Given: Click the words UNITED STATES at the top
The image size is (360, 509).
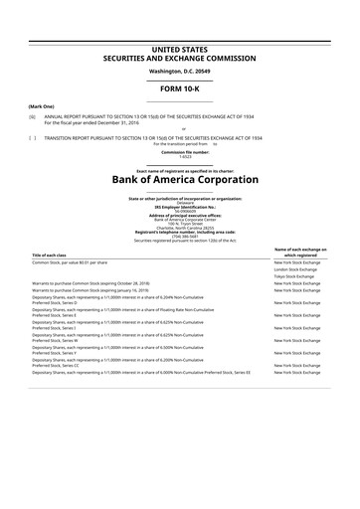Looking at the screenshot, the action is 179,48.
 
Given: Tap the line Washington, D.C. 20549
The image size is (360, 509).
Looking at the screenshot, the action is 179,71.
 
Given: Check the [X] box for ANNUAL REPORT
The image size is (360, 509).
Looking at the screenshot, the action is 33,116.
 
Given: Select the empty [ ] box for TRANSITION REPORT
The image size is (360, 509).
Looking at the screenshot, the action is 33,137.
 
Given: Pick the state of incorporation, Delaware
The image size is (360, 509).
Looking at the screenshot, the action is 179,202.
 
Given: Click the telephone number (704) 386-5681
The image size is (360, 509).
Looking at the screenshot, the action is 179,235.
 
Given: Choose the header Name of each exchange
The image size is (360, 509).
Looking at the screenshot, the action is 298,249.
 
